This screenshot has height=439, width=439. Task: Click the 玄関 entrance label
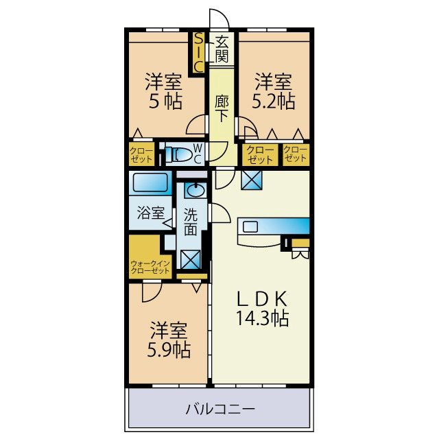222,47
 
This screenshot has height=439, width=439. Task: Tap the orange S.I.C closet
198,52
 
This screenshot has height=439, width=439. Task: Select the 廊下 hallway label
221,109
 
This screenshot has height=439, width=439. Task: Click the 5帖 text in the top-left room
163,102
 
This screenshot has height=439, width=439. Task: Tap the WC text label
197,154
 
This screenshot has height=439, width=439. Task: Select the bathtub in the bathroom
150,184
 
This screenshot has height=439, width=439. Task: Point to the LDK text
264,300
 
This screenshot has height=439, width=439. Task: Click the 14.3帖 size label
264,318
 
